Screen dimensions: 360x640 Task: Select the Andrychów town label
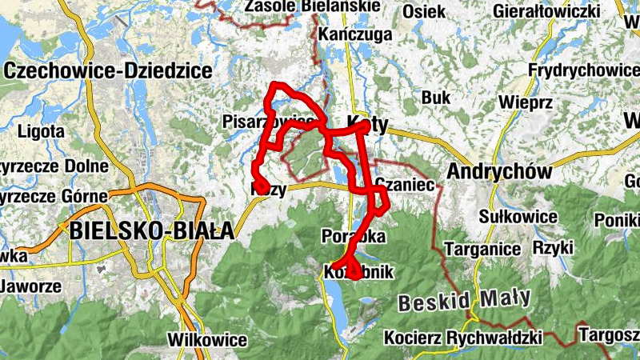point(501,172)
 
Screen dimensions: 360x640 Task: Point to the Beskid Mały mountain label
point(464,301)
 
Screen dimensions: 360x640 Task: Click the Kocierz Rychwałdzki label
point(463,337)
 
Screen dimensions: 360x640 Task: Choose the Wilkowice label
point(207,340)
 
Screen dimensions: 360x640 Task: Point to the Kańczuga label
point(355,34)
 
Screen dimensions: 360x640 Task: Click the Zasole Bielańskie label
point(313,6)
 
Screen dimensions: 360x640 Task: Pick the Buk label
point(436,98)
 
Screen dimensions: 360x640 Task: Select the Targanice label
point(482,249)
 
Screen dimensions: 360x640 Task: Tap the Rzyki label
point(554,249)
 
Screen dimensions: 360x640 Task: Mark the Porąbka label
point(353,237)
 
